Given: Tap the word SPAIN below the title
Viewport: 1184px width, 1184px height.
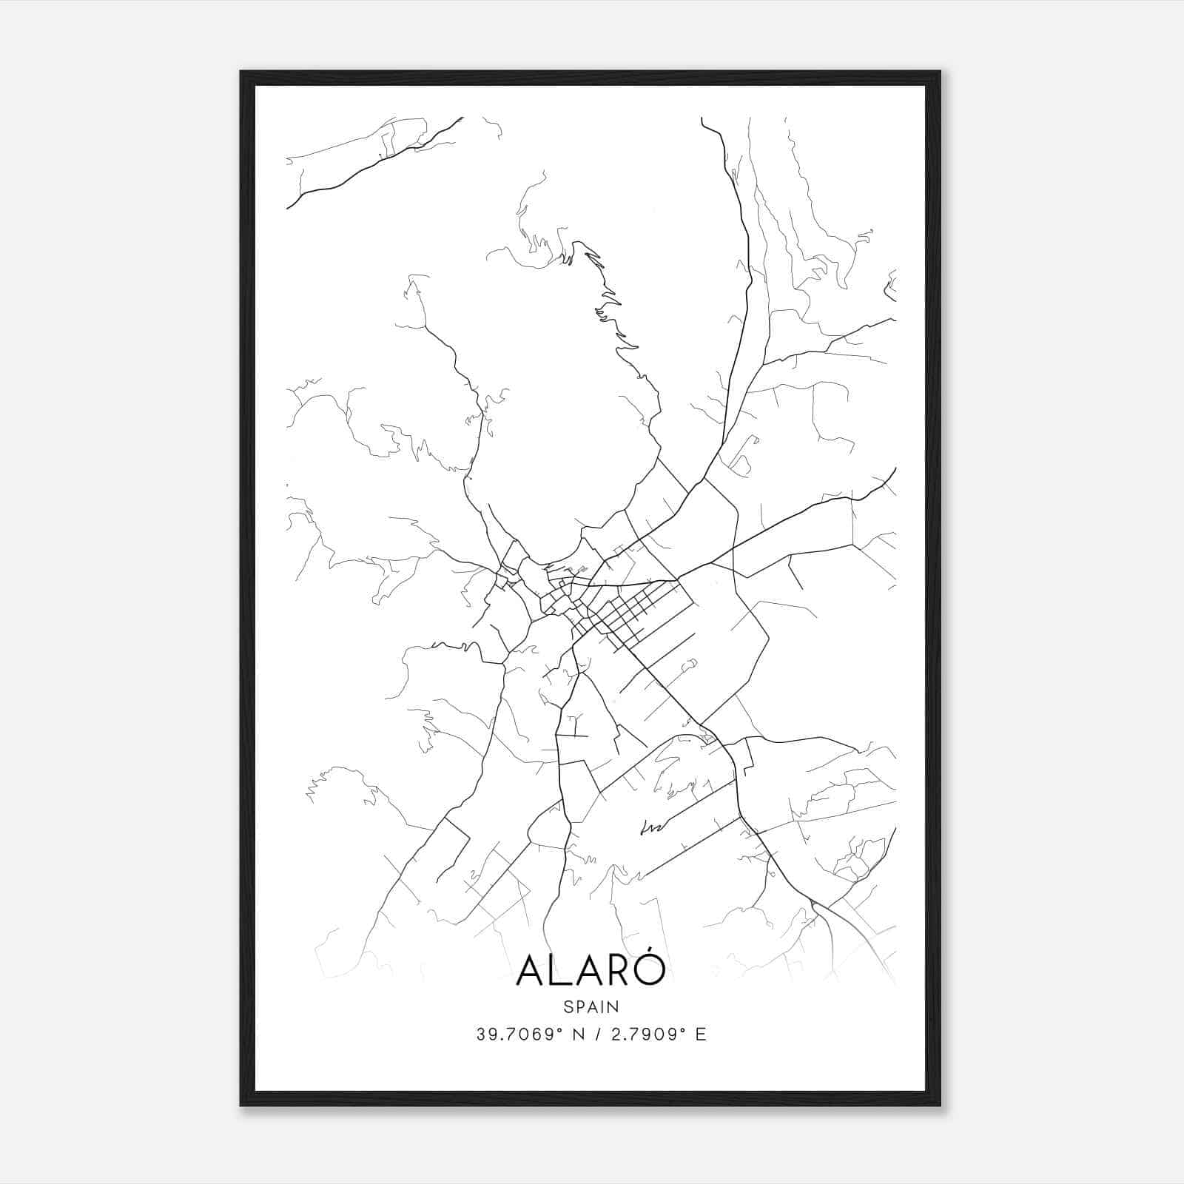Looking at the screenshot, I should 591,1007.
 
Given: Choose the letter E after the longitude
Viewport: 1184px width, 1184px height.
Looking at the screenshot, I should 700,1035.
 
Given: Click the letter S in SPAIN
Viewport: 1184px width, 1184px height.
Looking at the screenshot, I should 568,1007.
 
